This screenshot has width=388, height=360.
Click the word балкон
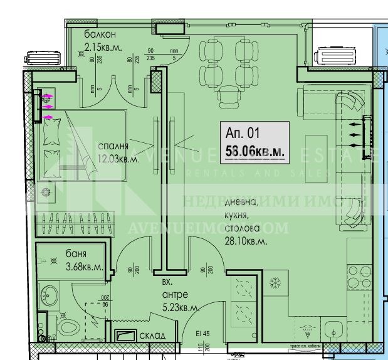coord(101,34)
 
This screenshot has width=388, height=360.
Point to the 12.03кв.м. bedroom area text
coord(118,159)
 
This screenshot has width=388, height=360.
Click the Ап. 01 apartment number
coord(242,133)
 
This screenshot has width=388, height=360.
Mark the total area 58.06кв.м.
coord(254,151)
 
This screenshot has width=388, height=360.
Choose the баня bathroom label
coord(76,255)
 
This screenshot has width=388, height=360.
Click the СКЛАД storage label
coord(153,336)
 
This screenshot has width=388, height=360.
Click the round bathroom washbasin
coord(47,292)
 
